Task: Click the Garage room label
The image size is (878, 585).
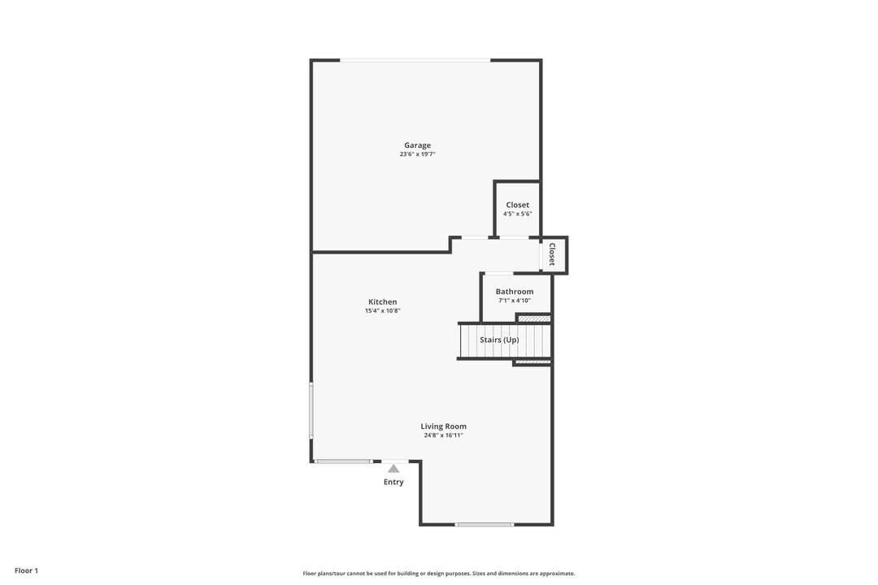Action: (418, 145)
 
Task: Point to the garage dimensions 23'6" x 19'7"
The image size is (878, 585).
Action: (418, 154)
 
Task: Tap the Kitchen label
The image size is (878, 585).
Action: (382, 301)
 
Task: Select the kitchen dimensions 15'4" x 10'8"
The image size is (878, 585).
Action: (382, 310)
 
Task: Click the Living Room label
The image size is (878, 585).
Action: (444, 427)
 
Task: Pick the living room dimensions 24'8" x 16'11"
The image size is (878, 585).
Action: (444, 435)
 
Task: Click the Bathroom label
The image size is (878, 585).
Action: (515, 292)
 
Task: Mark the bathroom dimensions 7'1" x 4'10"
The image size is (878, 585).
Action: (515, 301)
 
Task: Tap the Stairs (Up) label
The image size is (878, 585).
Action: (499, 340)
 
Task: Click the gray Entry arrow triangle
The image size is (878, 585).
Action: (393, 469)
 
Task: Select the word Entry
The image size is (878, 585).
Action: (393, 482)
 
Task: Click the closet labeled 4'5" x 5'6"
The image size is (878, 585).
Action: (517, 208)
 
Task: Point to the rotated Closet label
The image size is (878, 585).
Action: (552, 254)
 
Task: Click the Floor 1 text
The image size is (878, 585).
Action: (26, 571)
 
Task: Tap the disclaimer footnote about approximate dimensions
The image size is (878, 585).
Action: (439, 574)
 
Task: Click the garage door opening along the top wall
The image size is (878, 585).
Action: (415, 60)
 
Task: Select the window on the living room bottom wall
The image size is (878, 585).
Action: (485, 525)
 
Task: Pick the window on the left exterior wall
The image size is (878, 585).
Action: (312, 410)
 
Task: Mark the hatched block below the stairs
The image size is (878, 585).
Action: (532, 363)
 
